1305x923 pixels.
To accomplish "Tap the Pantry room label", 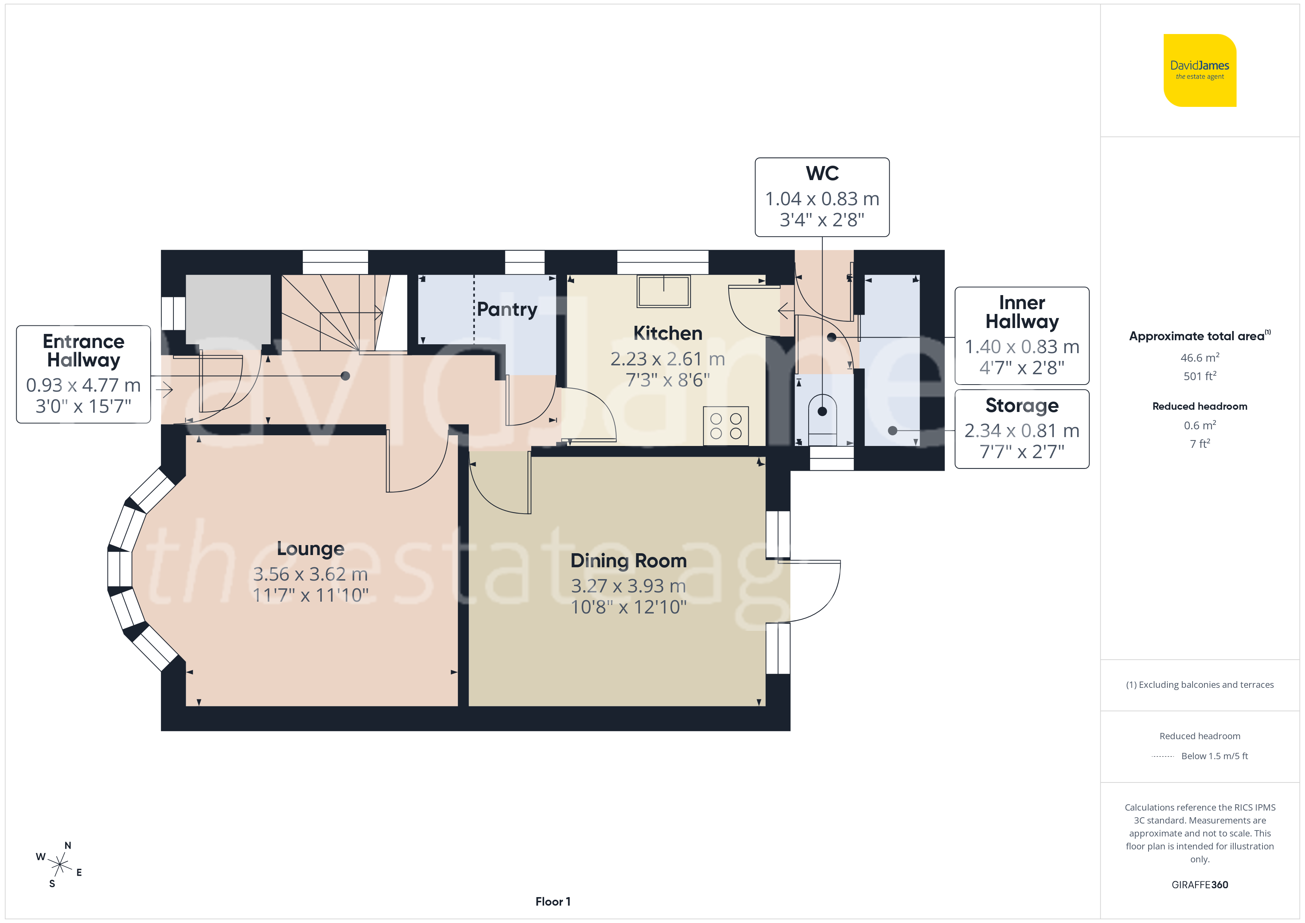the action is tap(507, 310).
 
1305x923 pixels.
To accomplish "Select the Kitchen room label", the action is tap(668, 333).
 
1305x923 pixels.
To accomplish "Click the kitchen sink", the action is tap(663, 291).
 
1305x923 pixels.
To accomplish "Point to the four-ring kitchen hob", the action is tap(726, 426).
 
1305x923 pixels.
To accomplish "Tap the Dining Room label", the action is tap(628, 561).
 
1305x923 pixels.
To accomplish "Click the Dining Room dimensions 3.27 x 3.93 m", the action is tap(628, 586).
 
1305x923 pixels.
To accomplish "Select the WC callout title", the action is tap(822, 173).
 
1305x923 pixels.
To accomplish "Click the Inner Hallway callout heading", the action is tap(1022, 312).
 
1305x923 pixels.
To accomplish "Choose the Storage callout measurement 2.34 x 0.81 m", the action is tap(1022, 431).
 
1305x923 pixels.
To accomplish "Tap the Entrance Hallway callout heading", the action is tap(84, 351).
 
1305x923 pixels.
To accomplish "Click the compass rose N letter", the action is tap(68, 846).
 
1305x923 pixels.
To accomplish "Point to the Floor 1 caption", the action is tap(553, 902).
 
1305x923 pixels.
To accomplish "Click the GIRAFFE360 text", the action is tap(1200, 885).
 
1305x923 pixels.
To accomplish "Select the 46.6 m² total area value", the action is tap(1200, 358).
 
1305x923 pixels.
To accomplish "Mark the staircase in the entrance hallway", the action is tap(344, 312).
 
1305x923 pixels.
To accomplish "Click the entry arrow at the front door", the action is tap(164, 390).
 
